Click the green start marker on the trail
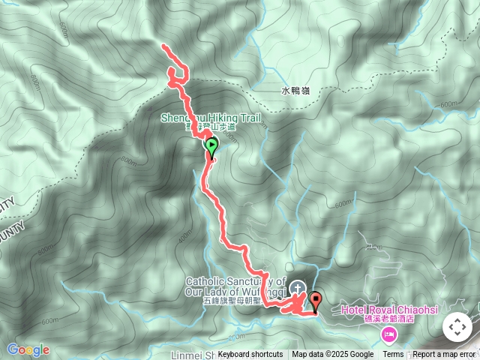click(211, 147)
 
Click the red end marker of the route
click(316, 301)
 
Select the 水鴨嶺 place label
click(295, 91)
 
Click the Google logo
click(28, 349)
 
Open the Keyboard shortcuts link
click(250, 355)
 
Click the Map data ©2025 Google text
click(332, 355)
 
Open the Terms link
click(393, 355)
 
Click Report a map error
click(444, 355)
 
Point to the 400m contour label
click(184, 236)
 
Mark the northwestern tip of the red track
click(164, 47)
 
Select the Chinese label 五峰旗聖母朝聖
click(232, 301)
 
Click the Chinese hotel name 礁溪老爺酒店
click(388, 319)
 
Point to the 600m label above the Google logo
click(49, 321)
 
